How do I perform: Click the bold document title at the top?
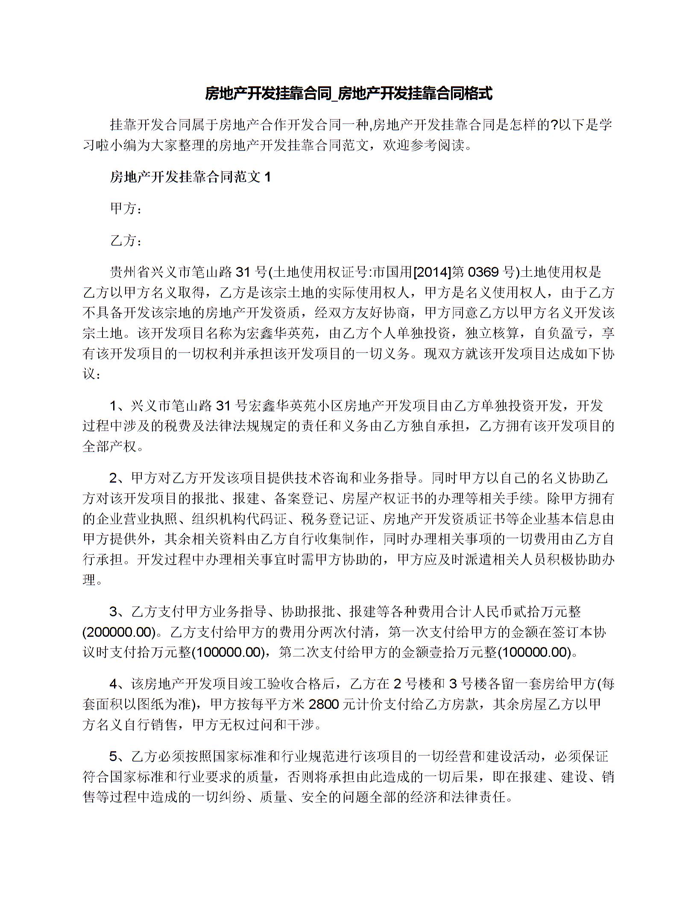[348, 93]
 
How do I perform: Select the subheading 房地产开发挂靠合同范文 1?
[190, 177]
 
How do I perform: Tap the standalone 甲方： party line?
[126, 209]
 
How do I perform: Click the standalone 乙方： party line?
[126, 241]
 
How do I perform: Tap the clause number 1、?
[119, 405]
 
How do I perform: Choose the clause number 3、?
[119, 612]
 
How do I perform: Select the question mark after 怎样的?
[553, 125]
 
